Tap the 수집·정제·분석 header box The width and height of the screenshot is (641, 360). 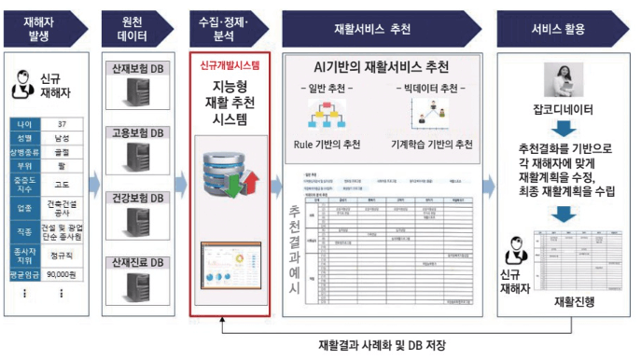pyautogui.click(x=229, y=28)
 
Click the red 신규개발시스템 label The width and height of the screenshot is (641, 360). pyautogui.click(x=230, y=66)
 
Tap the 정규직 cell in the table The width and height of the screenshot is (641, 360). pyautogui.click(x=62, y=252)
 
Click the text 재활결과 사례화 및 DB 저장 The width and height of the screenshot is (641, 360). pyautogui.click(x=382, y=345)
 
